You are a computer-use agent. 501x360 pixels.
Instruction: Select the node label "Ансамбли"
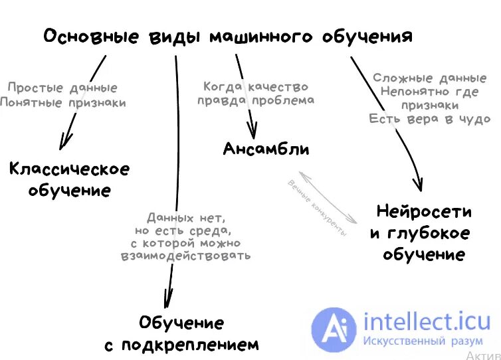pyautogui.click(x=266, y=148)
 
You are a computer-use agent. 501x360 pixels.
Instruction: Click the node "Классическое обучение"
pyautogui.click(x=69, y=179)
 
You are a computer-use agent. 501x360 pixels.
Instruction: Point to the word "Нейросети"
pyautogui.click(x=424, y=212)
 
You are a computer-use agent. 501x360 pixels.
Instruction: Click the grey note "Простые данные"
pyautogui.click(x=62, y=88)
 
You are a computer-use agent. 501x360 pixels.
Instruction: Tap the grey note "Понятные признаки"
pyautogui.click(x=62, y=102)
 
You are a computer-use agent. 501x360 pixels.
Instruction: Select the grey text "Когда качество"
pyautogui.click(x=256, y=86)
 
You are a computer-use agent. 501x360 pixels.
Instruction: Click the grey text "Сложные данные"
pyautogui.click(x=425, y=78)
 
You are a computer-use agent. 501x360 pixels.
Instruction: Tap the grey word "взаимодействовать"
pyautogui.click(x=186, y=255)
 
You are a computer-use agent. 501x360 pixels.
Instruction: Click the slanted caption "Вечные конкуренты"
pyautogui.click(x=317, y=207)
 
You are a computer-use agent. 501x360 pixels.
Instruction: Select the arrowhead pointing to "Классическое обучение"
pyautogui.click(x=64, y=141)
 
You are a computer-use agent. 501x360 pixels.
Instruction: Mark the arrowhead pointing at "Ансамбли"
pyautogui.click(x=252, y=132)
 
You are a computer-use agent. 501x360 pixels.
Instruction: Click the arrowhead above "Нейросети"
pyautogui.click(x=418, y=184)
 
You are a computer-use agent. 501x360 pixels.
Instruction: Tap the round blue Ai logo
pyautogui.click(x=335, y=329)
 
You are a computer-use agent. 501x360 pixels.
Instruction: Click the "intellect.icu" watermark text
pyautogui.click(x=425, y=323)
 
